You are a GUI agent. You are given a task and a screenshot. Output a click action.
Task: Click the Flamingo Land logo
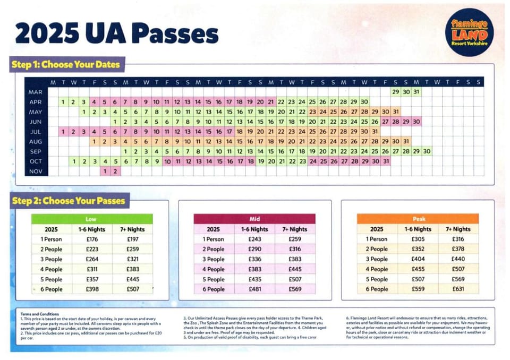(x=469, y=32)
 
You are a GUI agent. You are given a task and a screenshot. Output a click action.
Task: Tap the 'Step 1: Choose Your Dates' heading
(x=66, y=65)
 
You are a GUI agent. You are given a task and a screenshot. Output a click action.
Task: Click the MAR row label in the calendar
(x=36, y=92)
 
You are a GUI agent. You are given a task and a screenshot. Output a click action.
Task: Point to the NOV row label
(x=36, y=172)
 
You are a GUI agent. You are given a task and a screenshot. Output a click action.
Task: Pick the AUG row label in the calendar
(x=36, y=142)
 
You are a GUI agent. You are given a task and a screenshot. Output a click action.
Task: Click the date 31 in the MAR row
(x=416, y=92)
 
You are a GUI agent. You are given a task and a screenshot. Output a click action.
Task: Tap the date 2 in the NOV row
(x=115, y=172)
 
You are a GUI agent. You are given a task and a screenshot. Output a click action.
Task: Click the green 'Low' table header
(x=91, y=219)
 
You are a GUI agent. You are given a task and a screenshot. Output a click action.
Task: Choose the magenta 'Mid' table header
(x=254, y=219)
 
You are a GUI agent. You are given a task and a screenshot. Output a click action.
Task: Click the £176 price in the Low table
(x=92, y=239)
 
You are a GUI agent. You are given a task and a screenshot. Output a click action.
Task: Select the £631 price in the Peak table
(x=458, y=289)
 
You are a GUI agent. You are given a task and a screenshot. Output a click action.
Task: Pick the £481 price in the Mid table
(x=256, y=289)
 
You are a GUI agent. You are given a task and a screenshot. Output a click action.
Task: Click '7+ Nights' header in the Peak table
(x=458, y=229)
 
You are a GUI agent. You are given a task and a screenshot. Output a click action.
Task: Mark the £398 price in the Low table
(x=92, y=289)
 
